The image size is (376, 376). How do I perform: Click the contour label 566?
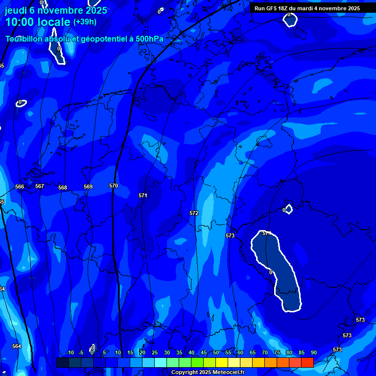click(x=20, y=187)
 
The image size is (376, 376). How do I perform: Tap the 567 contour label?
click(x=40, y=186)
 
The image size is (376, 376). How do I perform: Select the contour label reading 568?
click(x=63, y=188)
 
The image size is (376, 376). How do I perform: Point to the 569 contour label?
click(x=88, y=187)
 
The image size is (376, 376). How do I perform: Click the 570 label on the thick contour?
click(x=114, y=186)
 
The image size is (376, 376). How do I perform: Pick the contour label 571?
click(x=143, y=195)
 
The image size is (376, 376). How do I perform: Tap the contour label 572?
click(x=194, y=213)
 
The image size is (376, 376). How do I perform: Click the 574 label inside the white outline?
click(x=267, y=234)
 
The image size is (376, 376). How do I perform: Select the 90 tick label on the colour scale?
click(x=313, y=353)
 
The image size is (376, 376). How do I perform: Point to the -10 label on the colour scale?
click(x=70, y=353)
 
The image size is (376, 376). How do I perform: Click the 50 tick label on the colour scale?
click(x=216, y=353)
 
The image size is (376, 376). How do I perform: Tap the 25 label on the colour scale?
click(x=155, y=353)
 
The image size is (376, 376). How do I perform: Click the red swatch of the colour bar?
click(x=307, y=362)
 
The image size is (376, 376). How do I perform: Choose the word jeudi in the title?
click(x=16, y=10)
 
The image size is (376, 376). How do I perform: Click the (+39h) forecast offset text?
click(x=85, y=22)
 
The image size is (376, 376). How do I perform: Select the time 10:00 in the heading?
click(x=21, y=22)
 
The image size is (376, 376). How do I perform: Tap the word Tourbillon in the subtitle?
click(x=24, y=39)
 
